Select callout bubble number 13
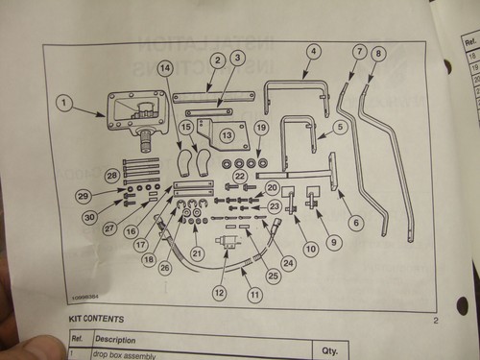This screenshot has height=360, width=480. [x=227, y=135]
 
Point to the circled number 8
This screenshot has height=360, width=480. [x=378, y=53]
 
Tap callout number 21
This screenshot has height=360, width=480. [x=197, y=252]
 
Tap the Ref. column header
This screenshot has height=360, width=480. [x=78, y=339]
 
